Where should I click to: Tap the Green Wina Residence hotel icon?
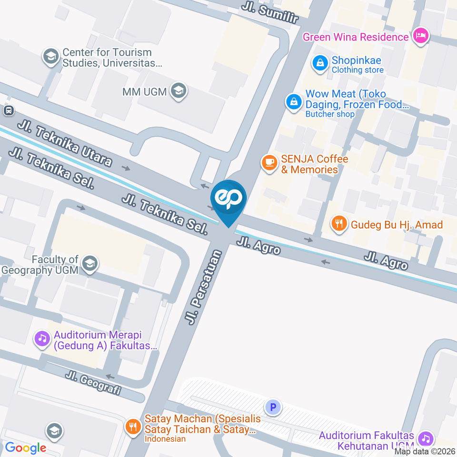click(x=421, y=36)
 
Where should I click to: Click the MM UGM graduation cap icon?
click(x=179, y=91)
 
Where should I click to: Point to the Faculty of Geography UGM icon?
click(x=89, y=263)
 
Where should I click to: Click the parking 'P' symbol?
click(x=273, y=407)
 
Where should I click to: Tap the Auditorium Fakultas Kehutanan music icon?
click(x=425, y=438)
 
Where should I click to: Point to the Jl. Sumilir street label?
click(x=269, y=13)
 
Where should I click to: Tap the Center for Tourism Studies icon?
click(x=50, y=57)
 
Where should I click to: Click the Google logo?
click(x=26, y=447)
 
